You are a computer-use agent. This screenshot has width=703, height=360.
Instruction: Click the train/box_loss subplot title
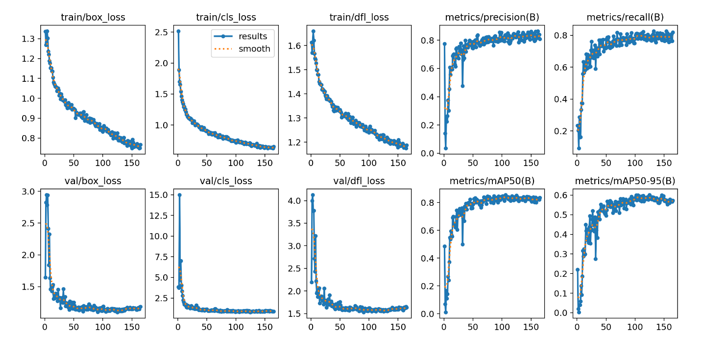click(93, 18)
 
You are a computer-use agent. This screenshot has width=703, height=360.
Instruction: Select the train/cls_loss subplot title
click(226, 18)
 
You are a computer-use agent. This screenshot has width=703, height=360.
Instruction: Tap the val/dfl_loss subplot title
click(359, 181)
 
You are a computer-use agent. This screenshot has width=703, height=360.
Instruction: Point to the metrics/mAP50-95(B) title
click(625, 181)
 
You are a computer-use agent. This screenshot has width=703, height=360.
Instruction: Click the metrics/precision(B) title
click(492, 18)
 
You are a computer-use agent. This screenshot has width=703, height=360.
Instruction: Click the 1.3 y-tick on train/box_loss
click(27, 39)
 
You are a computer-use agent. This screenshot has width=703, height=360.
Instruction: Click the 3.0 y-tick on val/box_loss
click(27, 192)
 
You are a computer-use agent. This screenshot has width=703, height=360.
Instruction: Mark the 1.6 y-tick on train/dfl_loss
click(294, 46)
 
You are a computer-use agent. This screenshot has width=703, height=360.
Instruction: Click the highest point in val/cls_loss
click(179, 195)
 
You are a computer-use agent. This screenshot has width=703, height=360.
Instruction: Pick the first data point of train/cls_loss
click(178, 31)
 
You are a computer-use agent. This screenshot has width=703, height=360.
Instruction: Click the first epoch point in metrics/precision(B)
click(444, 44)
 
